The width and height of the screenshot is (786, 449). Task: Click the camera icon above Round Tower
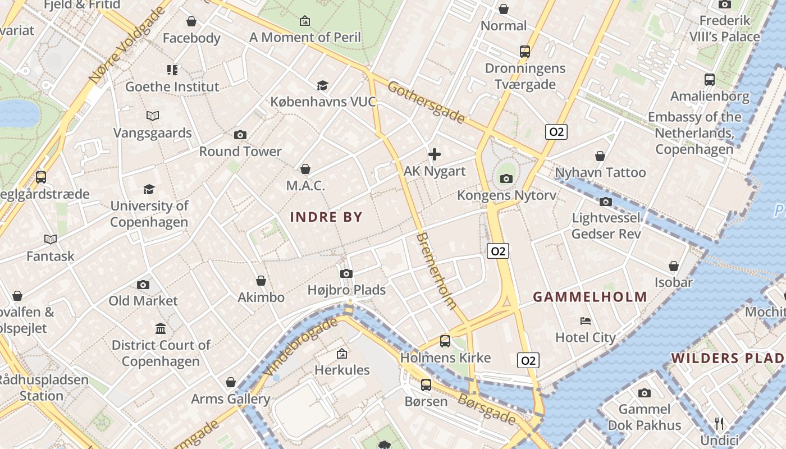(x=240, y=135)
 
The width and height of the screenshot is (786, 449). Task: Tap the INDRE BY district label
(x=326, y=217)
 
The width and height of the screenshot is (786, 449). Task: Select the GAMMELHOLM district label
(x=589, y=297)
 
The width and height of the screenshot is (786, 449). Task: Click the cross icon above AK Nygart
(x=435, y=154)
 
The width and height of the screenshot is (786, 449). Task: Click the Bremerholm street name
(x=437, y=271)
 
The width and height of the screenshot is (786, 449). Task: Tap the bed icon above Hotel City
(x=586, y=321)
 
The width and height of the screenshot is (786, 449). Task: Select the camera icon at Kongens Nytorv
(x=506, y=179)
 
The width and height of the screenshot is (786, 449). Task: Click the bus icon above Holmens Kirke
(x=445, y=341)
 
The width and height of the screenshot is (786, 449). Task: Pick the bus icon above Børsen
(x=426, y=385)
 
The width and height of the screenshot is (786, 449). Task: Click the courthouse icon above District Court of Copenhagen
(x=161, y=328)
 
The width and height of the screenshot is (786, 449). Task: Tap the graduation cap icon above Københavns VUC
(x=323, y=85)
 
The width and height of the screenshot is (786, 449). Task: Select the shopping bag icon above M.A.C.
(x=305, y=169)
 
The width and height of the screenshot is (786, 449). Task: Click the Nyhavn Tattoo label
(x=600, y=172)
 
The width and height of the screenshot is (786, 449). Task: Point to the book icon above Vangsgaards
(x=153, y=116)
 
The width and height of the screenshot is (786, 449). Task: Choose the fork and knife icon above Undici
(x=719, y=423)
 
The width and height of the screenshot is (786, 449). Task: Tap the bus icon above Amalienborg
(x=710, y=80)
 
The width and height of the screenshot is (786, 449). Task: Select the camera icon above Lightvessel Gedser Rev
(x=606, y=201)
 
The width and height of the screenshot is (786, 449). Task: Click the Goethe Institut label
(x=172, y=87)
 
